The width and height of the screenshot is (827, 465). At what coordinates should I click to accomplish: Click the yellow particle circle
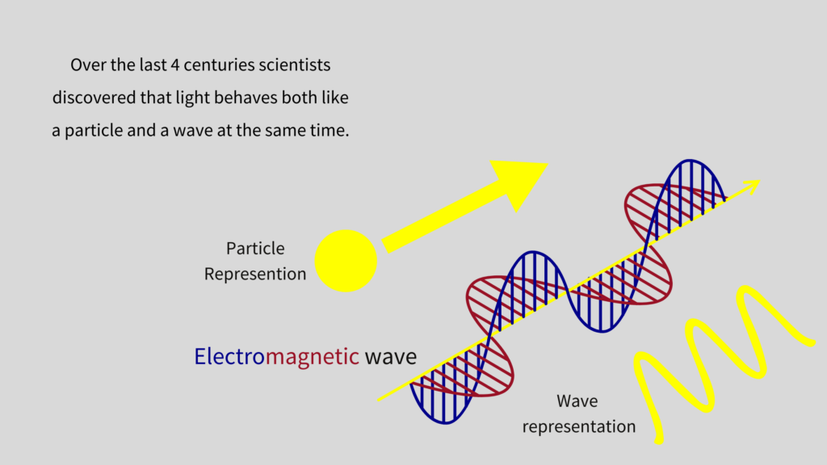[346, 261]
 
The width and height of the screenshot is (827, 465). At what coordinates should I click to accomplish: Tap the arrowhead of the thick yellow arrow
[519, 182]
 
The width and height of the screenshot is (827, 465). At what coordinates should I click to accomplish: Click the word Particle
[255, 249]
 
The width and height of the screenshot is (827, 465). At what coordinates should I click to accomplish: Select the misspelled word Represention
[255, 274]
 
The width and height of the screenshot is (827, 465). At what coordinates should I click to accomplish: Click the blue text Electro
[229, 356]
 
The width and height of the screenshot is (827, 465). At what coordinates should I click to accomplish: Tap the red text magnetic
[313, 357]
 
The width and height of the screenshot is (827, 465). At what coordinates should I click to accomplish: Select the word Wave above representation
[577, 401]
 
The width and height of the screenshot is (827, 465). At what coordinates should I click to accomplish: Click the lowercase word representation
[579, 426]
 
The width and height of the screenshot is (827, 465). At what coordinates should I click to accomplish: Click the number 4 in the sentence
[175, 65]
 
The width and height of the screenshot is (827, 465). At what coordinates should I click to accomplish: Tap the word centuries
[219, 65]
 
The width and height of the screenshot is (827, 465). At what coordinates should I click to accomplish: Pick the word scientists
[295, 65]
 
